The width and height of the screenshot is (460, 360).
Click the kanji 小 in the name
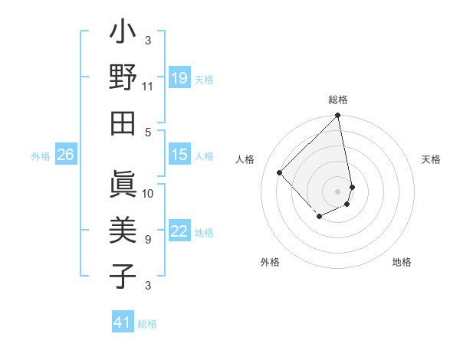click(123, 34)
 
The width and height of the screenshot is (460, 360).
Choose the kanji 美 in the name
click(123, 231)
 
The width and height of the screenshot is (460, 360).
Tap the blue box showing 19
click(179, 78)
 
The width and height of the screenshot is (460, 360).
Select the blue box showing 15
click(179, 155)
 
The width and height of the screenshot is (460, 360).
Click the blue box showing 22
click(179, 232)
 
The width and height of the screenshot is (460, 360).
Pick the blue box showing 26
click(65, 155)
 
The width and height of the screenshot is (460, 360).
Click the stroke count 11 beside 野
click(147, 86)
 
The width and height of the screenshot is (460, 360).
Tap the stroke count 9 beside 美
click(147, 239)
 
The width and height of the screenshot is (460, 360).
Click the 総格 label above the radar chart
click(337, 100)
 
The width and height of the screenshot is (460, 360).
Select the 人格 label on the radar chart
click(245, 159)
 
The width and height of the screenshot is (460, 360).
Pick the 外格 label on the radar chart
click(270, 262)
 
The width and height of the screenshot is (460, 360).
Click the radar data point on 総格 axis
click(337, 116)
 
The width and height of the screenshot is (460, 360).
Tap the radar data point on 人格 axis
click(280, 172)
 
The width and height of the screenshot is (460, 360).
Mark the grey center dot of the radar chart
click(337, 191)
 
